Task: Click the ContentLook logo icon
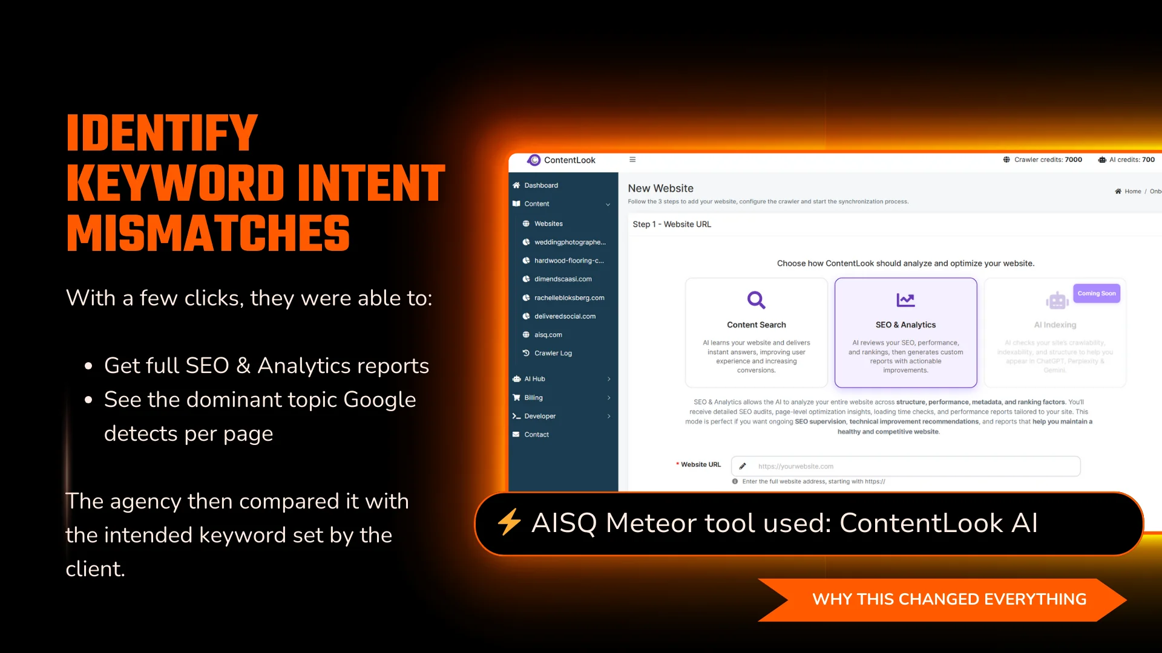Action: [x=534, y=160]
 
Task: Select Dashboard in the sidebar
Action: [x=540, y=186]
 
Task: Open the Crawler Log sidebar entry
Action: [x=553, y=353]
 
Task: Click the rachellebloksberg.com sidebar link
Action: [x=569, y=298]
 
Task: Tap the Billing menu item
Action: [x=533, y=398]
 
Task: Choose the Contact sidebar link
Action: [x=536, y=435]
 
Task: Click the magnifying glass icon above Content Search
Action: [x=756, y=300]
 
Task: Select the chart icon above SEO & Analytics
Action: [x=905, y=300]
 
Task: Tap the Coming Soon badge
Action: [x=1096, y=294]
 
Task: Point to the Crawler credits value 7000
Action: [x=1073, y=160]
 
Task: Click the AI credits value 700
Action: [x=1148, y=160]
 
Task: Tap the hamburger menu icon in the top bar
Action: [x=632, y=160]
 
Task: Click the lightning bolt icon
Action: [x=509, y=522]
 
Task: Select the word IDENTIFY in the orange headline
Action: [x=162, y=133]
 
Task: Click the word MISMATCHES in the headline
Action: [x=208, y=233]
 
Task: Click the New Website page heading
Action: [x=660, y=189]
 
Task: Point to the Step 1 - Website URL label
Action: [x=672, y=224]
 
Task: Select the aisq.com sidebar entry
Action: [x=548, y=335]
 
